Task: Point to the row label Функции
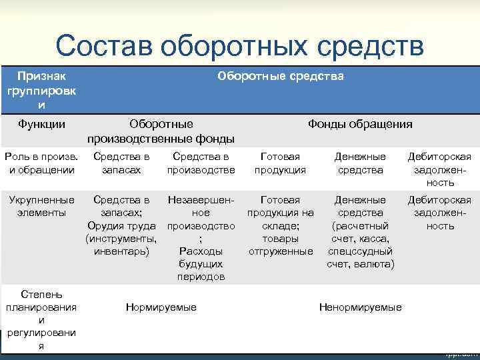(x=41, y=124)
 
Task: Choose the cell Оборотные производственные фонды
(x=161, y=131)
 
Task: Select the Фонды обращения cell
(x=359, y=124)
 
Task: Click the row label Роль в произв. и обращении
(x=41, y=163)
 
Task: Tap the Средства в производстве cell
(x=201, y=163)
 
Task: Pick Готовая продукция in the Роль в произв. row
(x=280, y=163)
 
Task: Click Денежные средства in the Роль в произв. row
(x=360, y=163)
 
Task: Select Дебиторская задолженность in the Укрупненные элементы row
(x=439, y=213)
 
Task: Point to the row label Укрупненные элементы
(x=41, y=206)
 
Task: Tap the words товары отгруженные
(x=280, y=245)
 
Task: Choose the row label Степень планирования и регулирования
(x=41, y=320)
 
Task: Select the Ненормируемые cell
(x=360, y=307)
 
